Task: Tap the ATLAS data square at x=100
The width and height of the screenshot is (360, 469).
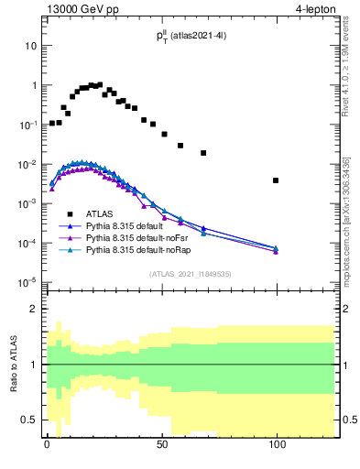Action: (x=276, y=180)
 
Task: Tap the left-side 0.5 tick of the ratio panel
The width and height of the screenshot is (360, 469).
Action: (x=28, y=420)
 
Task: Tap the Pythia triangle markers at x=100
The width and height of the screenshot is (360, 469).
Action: (x=276, y=249)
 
